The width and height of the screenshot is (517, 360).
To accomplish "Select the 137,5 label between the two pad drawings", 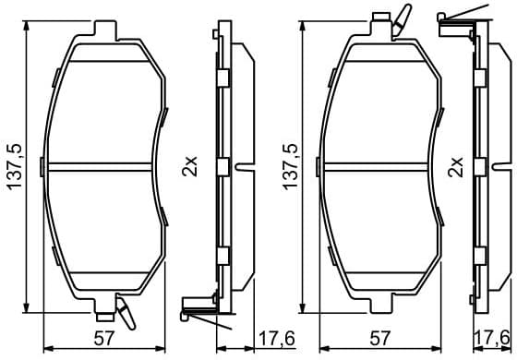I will [x=293, y=167].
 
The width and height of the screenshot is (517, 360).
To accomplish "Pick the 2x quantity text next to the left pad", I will [x=190, y=167].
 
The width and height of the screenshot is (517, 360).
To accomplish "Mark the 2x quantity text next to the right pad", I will [x=455, y=167].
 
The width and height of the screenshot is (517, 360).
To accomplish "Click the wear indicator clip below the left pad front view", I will [x=126, y=313].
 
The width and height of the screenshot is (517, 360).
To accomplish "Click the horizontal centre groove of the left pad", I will [x=103, y=167].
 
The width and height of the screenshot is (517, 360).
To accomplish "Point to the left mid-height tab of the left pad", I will [x=45, y=166].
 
